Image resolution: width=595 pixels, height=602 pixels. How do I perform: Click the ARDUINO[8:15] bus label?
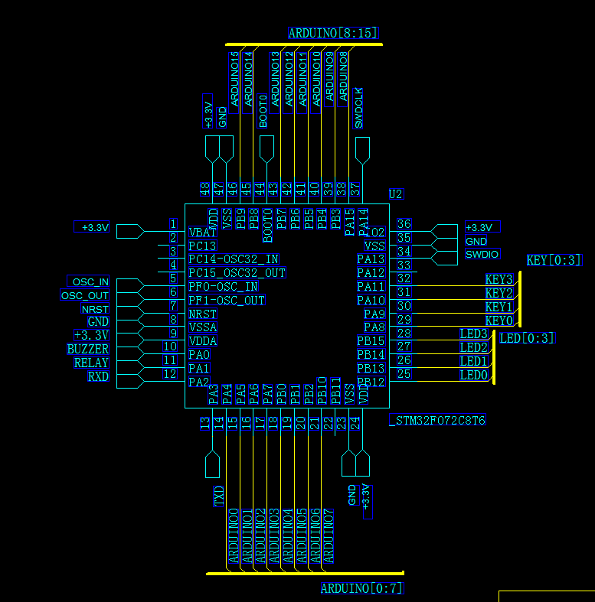(x=333, y=33)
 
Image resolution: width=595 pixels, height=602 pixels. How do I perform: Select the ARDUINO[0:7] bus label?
(x=361, y=588)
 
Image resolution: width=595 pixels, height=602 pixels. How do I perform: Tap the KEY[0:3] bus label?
(x=554, y=260)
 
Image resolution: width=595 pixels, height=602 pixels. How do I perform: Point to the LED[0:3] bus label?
(x=527, y=338)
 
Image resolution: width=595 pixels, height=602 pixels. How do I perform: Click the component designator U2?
(x=395, y=194)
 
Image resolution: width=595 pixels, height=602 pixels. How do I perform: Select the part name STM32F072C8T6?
(x=438, y=421)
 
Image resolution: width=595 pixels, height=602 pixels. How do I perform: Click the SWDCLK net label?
(x=358, y=108)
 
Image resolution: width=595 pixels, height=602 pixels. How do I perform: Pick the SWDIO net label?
(x=482, y=254)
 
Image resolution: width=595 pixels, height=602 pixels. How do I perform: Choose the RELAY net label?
(x=91, y=363)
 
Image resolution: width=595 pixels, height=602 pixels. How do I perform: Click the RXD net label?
(x=98, y=376)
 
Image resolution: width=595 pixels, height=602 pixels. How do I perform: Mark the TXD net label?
(x=219, y=496)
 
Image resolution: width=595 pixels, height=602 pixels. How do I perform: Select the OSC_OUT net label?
(x=85, y=296)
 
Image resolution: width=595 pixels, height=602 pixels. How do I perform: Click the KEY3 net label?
(x=499, y=279)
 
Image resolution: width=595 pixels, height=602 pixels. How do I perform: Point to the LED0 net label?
(x=473, y=375)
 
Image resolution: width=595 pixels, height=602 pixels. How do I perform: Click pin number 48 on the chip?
(x=205, y=189)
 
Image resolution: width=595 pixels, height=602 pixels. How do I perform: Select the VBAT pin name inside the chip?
(x=203, y=232)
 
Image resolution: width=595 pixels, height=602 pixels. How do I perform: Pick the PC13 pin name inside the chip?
(x=202, y=246)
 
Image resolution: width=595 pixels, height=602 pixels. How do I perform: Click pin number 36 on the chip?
(x=404, y=224)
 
